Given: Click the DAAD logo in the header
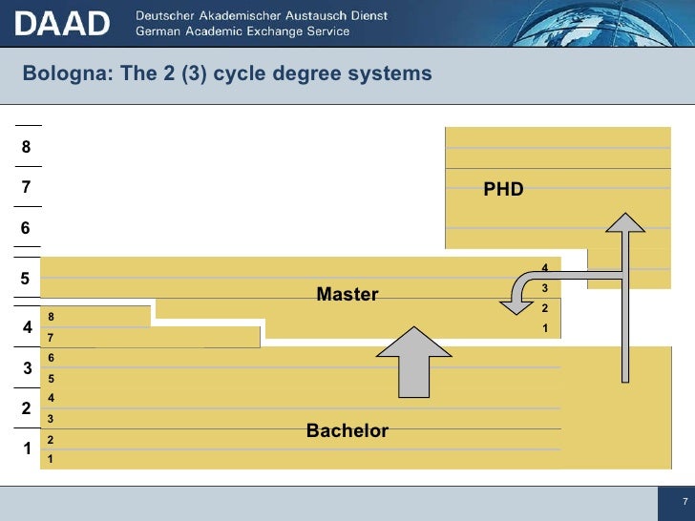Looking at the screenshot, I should click(62, 23).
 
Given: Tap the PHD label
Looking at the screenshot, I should click(503, 189).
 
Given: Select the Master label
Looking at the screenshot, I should click(347, 295).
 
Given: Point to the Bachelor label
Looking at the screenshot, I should click(347, 431).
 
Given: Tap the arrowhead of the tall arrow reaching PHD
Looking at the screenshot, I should click(627, 224).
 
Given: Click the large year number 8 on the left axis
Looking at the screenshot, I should click(27, 148).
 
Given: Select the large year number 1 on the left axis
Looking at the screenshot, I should click(27, 448).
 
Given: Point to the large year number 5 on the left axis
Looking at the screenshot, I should click(27, 279).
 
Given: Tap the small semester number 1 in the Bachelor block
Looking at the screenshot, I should click(51, 460).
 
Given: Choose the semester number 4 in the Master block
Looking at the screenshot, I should click(544, 268).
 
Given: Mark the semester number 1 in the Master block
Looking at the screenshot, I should click(544, 328).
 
